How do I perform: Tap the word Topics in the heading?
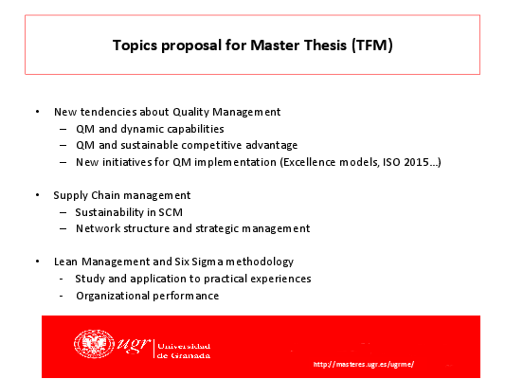[x=135, y=45]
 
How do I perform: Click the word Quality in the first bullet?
[x=191, y=112]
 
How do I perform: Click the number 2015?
[x=417, y=162]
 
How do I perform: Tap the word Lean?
[x=65, y=262]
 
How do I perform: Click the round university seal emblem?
[x=94, y=344]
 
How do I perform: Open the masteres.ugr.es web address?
[x=364, y=364]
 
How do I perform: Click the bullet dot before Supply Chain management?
[x=38, y=195]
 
